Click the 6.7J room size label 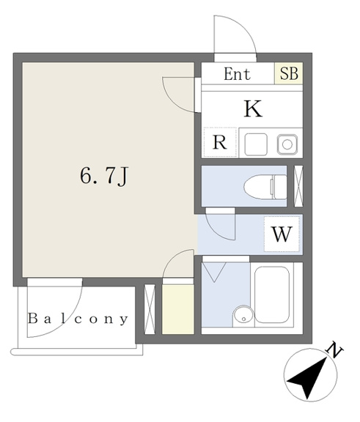click(104, 177)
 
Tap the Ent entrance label click(237, 74)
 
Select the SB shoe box click(289, 73)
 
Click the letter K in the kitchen click(253, 108)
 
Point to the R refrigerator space click(220, 142)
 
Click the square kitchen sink click(256, 144)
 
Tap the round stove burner click(287, 144)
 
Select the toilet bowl click(265, 187)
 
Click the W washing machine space click(282, 234)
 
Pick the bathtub click(272, 295)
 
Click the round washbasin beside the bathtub click(243, 316)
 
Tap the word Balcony click(78, 319)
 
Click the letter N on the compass click(334, 350)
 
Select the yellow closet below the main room click(178, 309)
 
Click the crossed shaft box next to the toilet click(298, 186)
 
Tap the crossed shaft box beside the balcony click(150, 309)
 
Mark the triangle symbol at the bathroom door click(214, 272)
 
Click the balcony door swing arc click(72, 322)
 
